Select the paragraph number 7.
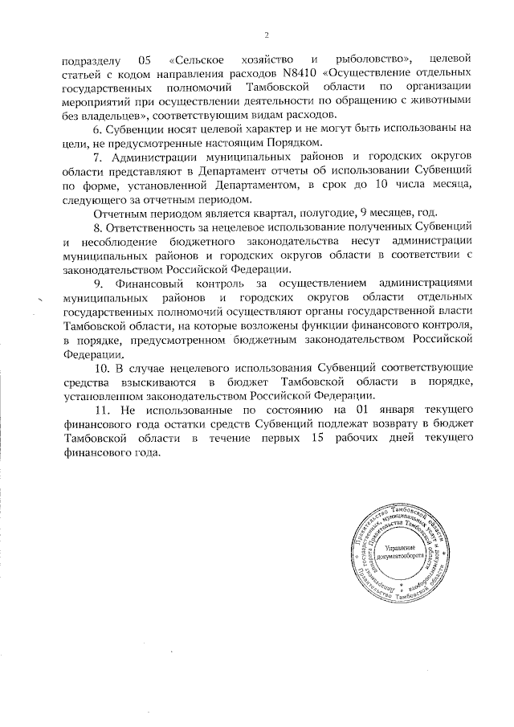pos(97,158)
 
